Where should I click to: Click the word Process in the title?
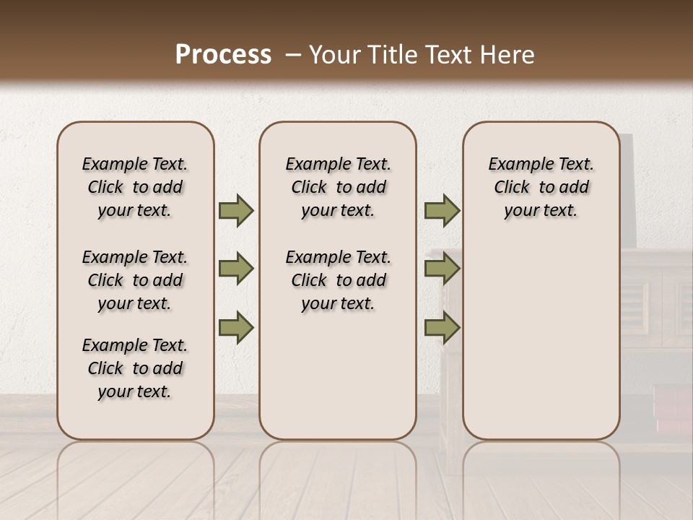[223, 55]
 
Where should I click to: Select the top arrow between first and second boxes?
[236, 210]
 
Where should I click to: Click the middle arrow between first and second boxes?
[236, 269]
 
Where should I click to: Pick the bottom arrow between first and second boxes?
[236, 328]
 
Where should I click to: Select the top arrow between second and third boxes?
[442, 210]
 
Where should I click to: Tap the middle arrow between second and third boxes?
[442, 269]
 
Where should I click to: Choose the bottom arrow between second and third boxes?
[442, 328]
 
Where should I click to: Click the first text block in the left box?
[135, 187]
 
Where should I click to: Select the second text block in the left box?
[135, 280]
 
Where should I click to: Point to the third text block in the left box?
[135, 368]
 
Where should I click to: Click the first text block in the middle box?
[338, 187]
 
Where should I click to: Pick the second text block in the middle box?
[338, 280]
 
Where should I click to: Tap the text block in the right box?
[541, 187]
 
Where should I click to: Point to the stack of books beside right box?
[672, 408]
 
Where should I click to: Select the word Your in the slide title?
[336, 55]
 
